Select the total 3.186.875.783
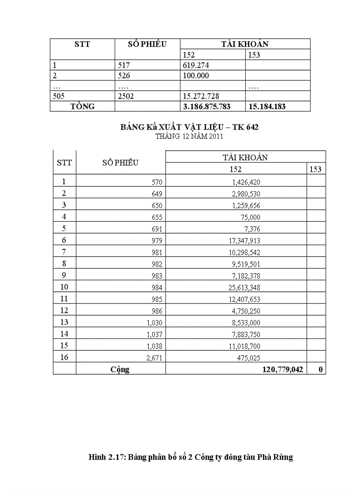point(206,107)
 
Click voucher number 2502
point(126,96)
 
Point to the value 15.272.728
point(201,96)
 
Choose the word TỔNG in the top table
point(82,107)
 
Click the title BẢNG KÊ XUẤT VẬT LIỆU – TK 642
point(189,127)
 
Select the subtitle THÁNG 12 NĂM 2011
point(189,136)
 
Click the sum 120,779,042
point(282,369)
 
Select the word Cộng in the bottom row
point(120,369)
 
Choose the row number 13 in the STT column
point(64,322)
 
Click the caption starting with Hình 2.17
point(191,457)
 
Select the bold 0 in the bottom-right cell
point(320,369)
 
